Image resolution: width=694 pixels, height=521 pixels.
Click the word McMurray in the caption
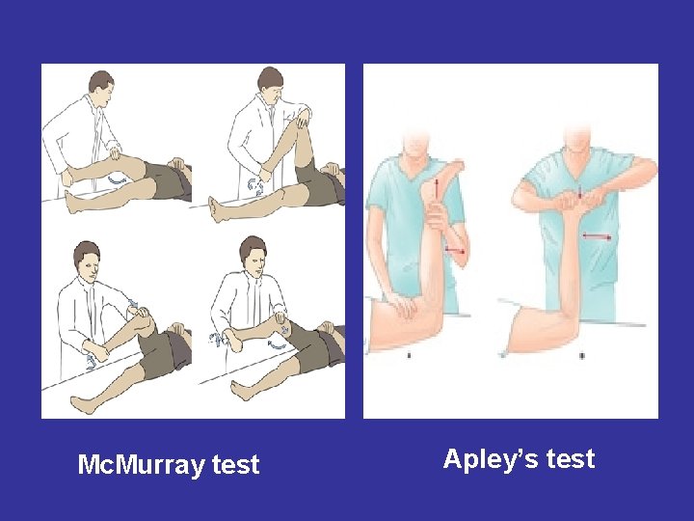click(x=141, y=465)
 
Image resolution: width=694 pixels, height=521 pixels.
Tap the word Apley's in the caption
click(x=490, y=459)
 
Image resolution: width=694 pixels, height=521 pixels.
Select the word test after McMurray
click(x=235, y=465)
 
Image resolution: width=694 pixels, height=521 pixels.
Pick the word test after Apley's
click(x=570, y=459)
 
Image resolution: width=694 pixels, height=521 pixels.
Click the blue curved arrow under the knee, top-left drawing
click(x=117, y=179)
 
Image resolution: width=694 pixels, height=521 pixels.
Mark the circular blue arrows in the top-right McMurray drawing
click(x=254, y=186)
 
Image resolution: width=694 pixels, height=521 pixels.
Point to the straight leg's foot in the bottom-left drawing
click(x=84, y=404)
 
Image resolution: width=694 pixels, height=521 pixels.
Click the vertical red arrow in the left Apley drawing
click(x=436, y=188)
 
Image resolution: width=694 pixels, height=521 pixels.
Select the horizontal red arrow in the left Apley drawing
click(x=455, y=251)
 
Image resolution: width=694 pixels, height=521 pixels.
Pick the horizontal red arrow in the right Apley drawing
click(x=597, y=236)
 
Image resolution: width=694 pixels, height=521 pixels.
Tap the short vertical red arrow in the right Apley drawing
click(x=580, y=192)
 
